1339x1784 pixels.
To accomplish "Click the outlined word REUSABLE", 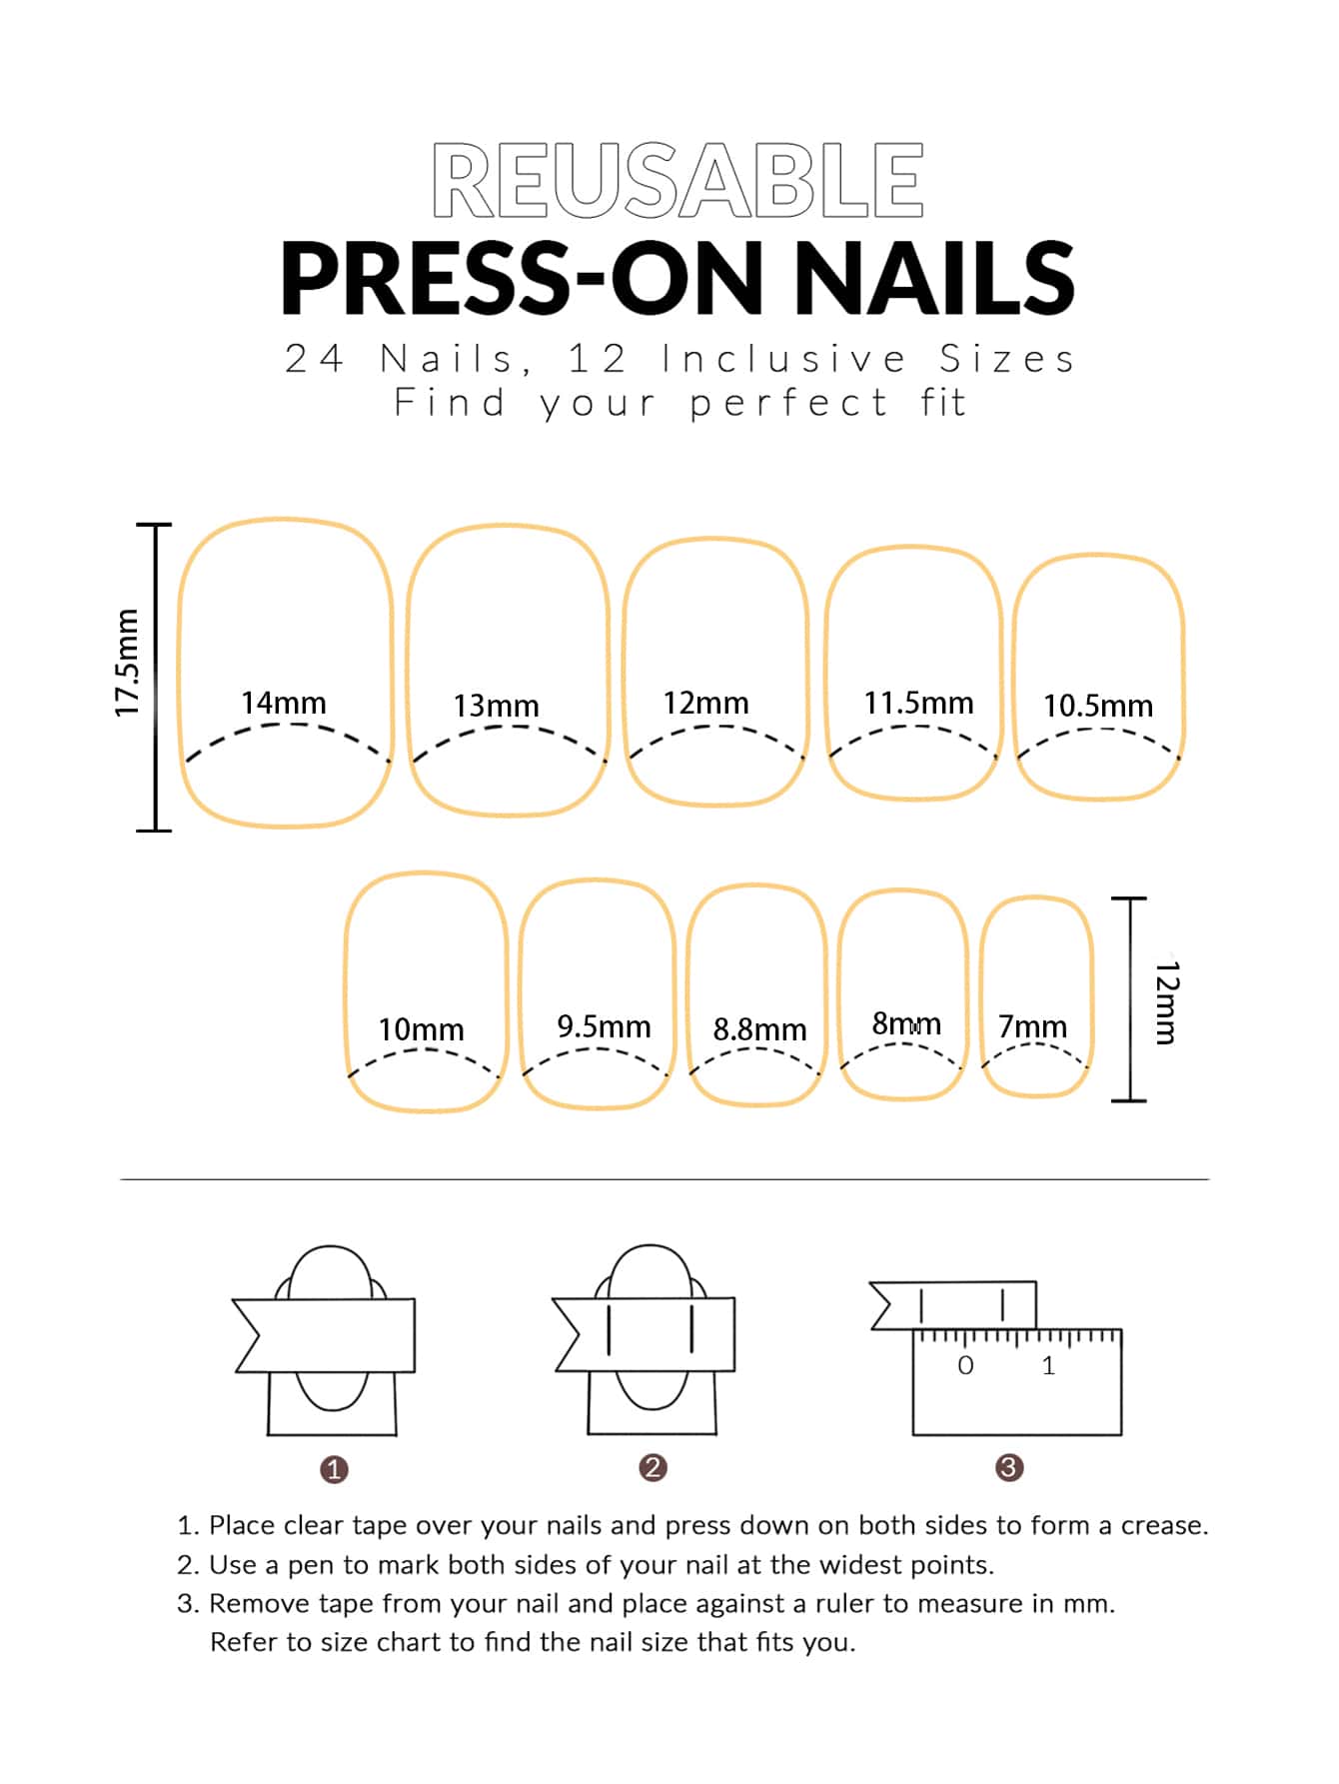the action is (677, 180).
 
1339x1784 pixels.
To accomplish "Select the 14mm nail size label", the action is (284, 703).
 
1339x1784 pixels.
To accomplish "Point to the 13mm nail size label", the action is (496, 706).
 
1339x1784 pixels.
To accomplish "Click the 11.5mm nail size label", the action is (918, 703).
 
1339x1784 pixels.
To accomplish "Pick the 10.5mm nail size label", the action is (1098, 706).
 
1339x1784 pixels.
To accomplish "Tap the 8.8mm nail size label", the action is (759, 1028).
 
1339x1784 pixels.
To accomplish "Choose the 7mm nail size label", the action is (1032, 1026).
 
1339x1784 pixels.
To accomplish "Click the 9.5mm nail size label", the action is (604, 1025).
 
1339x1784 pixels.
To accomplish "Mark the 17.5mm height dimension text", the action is (127, 663).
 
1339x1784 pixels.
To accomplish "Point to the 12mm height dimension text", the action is (1167, 1002).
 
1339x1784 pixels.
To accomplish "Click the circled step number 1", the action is (334, 1469).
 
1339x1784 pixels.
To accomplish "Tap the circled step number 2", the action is (653, 1467).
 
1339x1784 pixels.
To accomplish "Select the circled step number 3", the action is (1009, 1467).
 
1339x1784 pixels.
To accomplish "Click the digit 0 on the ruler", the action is (965, 1365).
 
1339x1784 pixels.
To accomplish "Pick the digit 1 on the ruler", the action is (1048, 1365).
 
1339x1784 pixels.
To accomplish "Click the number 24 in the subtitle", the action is (314, 358).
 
